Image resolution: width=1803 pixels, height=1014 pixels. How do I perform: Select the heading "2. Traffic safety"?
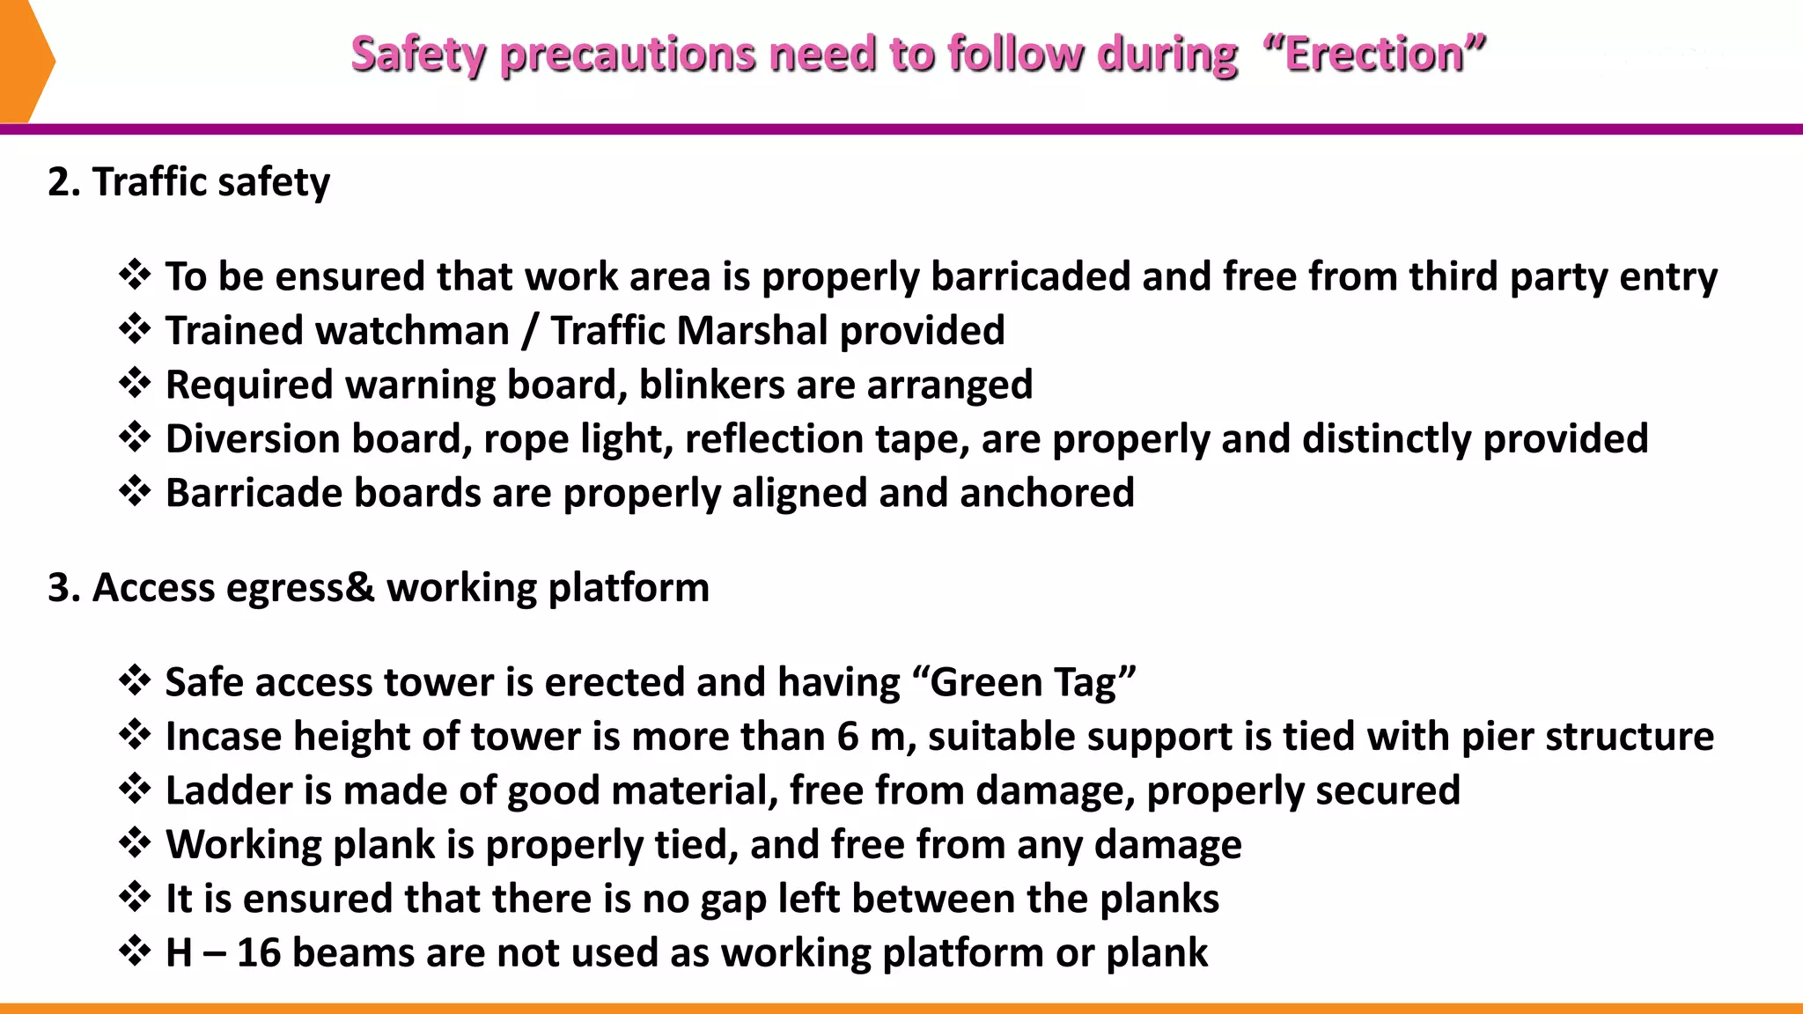(x=189, y=182)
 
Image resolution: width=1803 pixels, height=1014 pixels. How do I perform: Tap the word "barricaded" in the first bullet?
(x=1030, y=277)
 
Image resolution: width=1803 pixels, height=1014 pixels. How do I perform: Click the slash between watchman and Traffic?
(x=529, y=331)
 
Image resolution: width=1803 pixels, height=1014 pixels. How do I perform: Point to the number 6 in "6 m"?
(x=847, y=737)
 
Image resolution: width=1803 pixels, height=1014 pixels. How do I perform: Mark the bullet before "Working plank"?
(x=135, y=843)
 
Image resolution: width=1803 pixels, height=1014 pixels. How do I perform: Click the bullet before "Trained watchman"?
(x=135, y=329)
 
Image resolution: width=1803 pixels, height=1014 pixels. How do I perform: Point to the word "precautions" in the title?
(x=628, y=55)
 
